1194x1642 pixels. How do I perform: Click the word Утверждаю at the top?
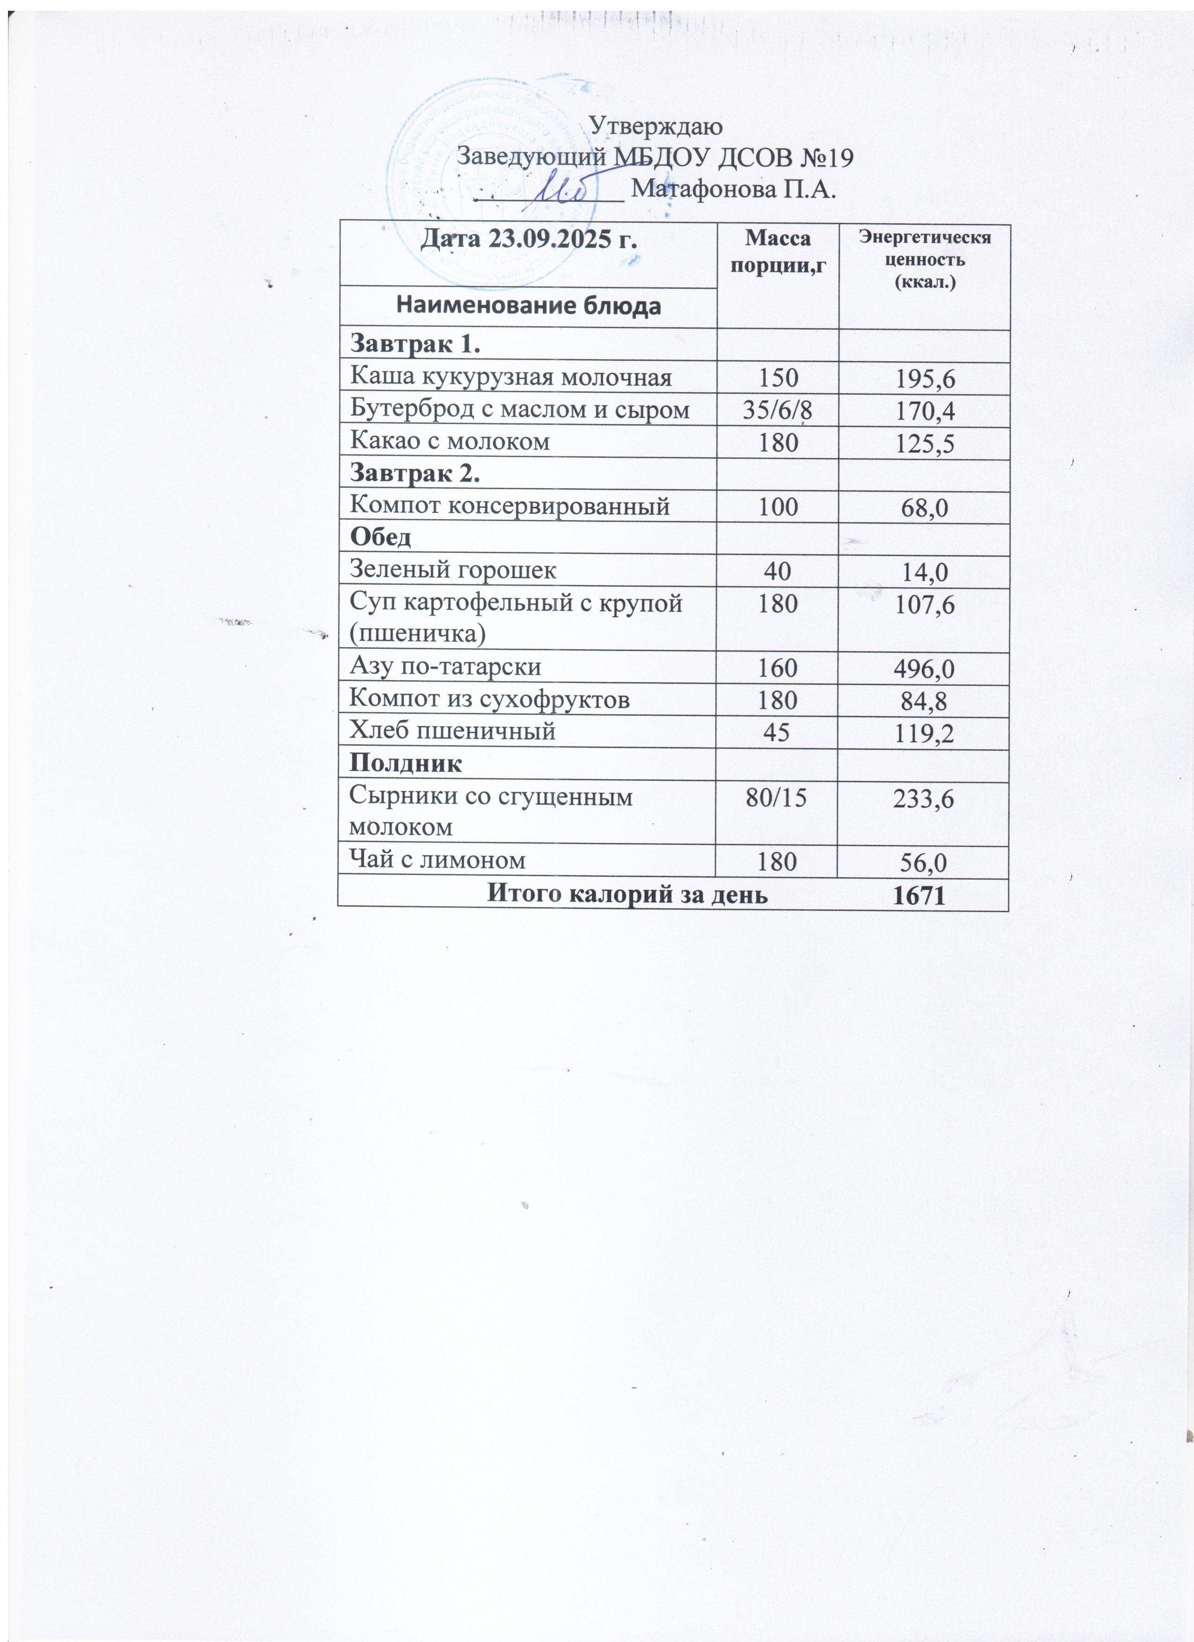[656, 126]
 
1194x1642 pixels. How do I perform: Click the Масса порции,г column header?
[777, 251]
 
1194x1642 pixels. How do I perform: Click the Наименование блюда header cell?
[528, 306]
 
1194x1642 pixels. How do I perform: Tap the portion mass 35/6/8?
[777, 410]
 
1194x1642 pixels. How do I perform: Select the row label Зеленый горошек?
[453, 570]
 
